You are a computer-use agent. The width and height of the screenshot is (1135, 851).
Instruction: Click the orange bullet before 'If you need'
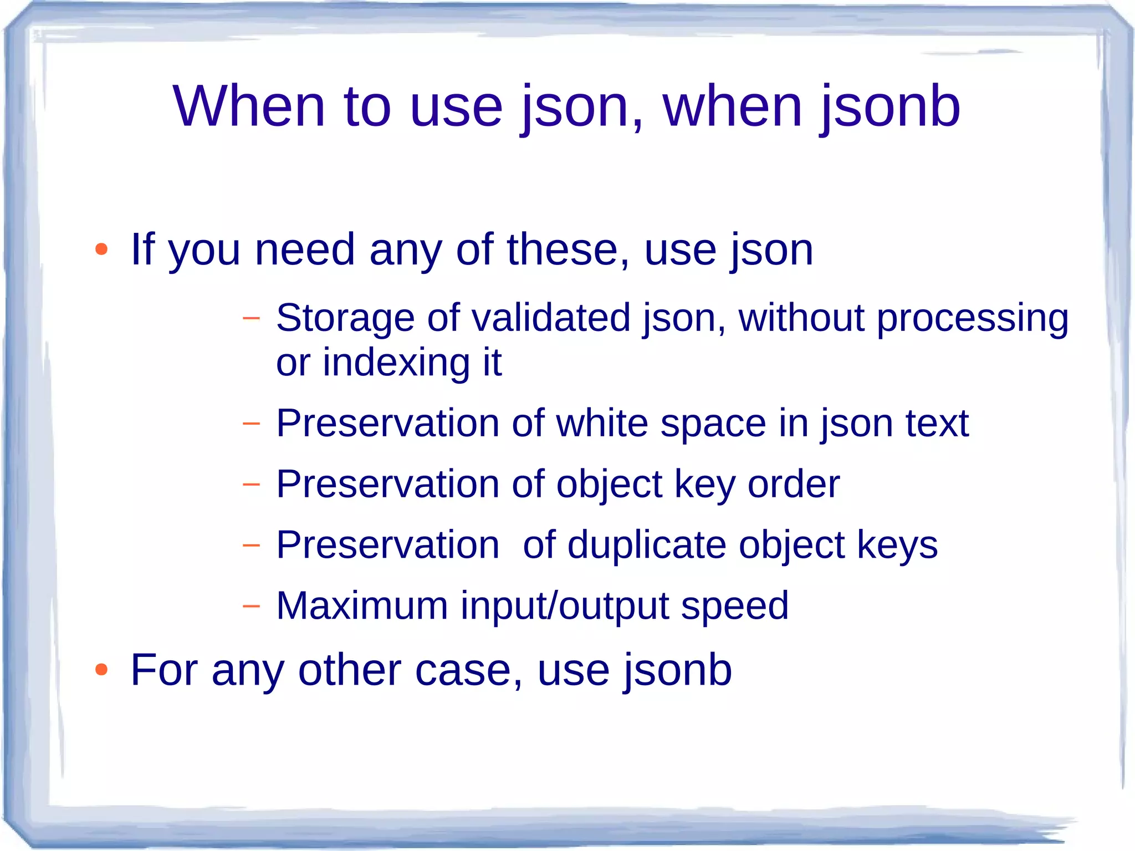coord(101,249)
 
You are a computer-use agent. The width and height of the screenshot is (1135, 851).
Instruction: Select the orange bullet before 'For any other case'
coord(101,670)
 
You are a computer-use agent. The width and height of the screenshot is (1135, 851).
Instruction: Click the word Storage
coord(345,318)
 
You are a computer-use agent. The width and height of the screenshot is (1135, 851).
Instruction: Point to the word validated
coord(551,318)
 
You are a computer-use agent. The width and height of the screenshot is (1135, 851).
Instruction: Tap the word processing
coord(972,319)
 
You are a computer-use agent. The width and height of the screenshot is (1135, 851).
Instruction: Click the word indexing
coord(396,363)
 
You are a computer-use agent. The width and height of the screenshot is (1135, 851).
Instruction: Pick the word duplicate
coord(646,545)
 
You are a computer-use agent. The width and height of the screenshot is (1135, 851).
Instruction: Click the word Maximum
coord(362,605)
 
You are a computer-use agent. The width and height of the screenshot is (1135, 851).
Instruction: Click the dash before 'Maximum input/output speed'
coord(251,605)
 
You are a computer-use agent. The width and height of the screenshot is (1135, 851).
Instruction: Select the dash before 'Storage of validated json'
coord(251,318)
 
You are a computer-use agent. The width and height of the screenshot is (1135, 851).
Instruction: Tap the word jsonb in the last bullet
coord(678,670)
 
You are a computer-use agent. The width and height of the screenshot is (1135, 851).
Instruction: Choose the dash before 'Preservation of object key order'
coord(251,484)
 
